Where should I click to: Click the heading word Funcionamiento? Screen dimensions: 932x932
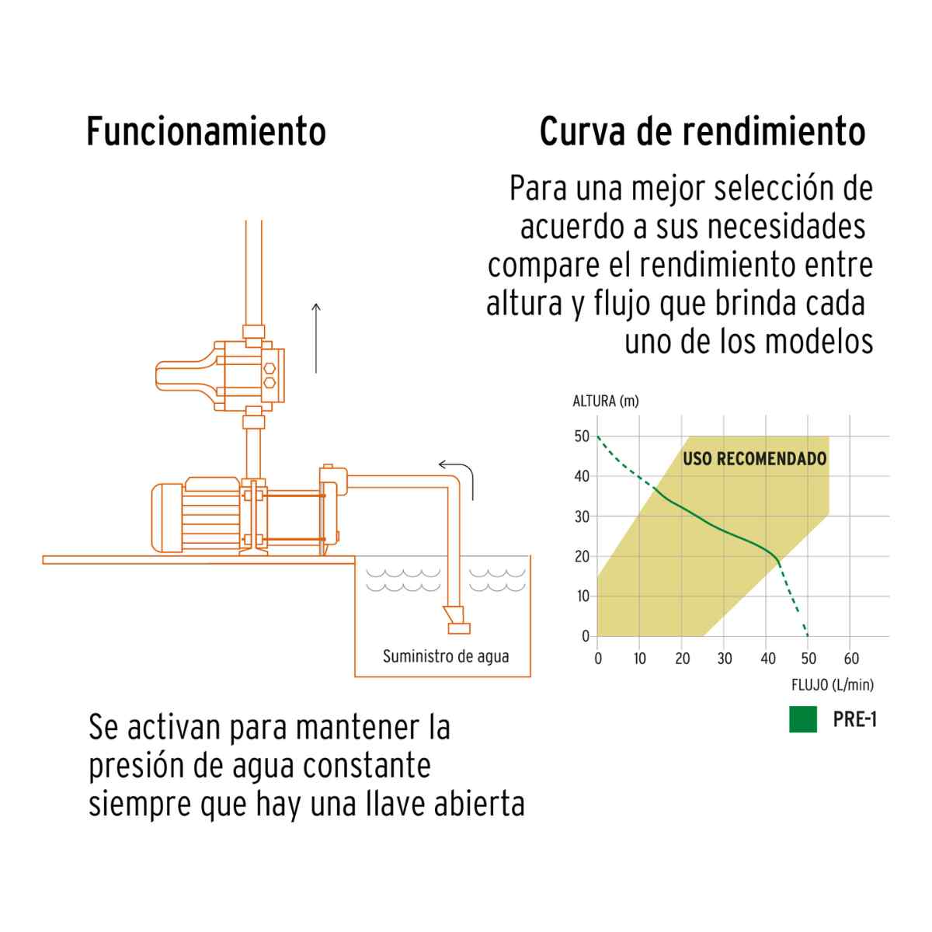tap(206, 131)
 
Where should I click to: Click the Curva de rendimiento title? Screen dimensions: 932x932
tap(702, 131)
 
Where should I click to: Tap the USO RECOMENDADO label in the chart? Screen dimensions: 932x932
tap(754, 458)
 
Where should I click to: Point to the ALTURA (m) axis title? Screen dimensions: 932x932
tap(606, 401)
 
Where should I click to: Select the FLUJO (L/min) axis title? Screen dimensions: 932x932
tap(833, 685)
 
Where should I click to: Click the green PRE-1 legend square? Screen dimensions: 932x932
tap(803, 719)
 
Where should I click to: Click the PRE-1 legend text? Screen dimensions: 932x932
tap(854, 720)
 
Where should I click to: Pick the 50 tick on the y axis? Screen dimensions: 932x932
tap(582, 436)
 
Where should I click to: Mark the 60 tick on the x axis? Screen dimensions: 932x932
tap(851, 659)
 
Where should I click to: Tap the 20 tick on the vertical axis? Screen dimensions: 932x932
tap(582, 556)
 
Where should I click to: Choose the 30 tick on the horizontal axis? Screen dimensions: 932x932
tap(725, 659)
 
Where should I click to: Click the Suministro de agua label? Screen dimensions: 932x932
tap(446, 656)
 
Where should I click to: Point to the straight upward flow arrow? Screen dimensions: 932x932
tap(316, 338)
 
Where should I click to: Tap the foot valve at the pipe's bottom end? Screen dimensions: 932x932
tap(457, 620)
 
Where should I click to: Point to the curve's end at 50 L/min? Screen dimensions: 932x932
tap(808, 636)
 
